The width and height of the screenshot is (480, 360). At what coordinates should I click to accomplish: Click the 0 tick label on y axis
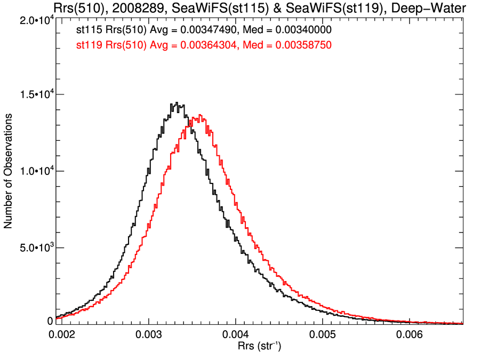(51, 321)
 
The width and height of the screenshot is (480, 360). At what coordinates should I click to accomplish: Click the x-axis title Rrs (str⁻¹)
(260, 347)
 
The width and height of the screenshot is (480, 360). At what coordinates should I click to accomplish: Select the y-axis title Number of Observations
(9, 171)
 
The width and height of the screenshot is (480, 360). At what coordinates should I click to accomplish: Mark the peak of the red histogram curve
(199, 115)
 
